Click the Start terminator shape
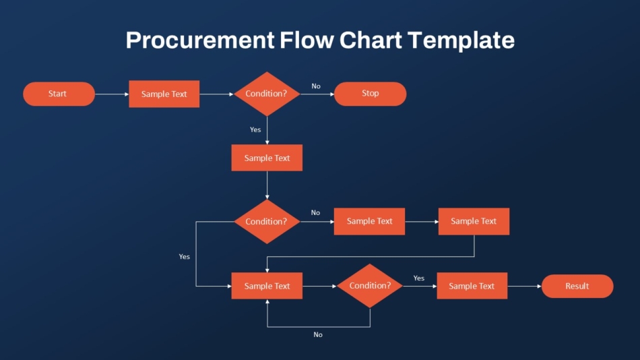(59, 94)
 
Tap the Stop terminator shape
(371, 94)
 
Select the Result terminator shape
(577, 286)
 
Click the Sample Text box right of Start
(164, 94)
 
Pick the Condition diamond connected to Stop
(267, 94)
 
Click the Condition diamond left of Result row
(370, 286)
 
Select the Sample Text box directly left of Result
(472, 286)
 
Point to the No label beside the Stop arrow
(316, 86)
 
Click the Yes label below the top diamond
(255, 129)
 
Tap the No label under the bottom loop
(318, 334)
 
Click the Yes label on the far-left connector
(184, 257)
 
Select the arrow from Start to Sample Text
(112, 94)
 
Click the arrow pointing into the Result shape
(525, 286)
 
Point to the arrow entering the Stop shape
(317, 94)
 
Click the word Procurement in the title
(200, 40)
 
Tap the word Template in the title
(461, 40)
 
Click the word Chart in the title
(371, 40)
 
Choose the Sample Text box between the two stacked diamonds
(267, 158)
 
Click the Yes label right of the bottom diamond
(419, 278)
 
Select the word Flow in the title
(307, 40)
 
